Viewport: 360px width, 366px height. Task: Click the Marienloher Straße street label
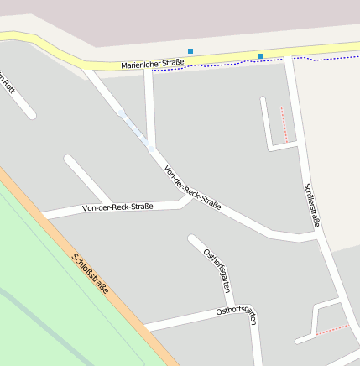(152, 64)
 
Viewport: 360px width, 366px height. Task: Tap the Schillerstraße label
(312, 205)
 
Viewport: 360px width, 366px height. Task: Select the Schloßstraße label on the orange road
(91, 274)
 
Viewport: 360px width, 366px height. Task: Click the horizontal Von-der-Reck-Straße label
(117, 207)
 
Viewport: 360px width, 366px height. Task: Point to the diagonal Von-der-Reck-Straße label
(192, 187)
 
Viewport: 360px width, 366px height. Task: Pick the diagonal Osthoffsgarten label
(217, 270)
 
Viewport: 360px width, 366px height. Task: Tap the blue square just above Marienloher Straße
(190, 51)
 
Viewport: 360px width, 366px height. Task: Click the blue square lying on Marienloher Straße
(260, 56)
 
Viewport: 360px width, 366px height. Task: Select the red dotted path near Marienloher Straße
(284, 122)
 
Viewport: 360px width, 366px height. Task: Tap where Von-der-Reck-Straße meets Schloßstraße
(44, 217)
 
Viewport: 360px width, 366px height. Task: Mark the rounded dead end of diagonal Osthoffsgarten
(192, 239)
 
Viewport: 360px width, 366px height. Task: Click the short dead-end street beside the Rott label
(18, 99)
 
